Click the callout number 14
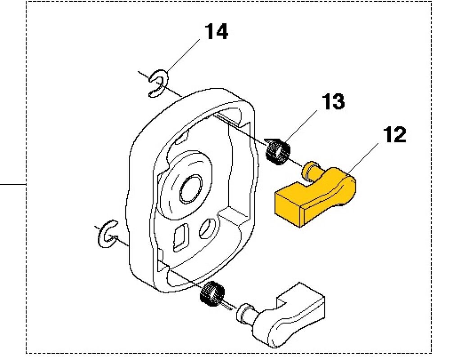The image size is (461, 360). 216,32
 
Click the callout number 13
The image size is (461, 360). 333,102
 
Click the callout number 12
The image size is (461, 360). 395,135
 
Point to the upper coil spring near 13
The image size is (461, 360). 277,151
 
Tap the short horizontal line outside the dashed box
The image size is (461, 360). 13,184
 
